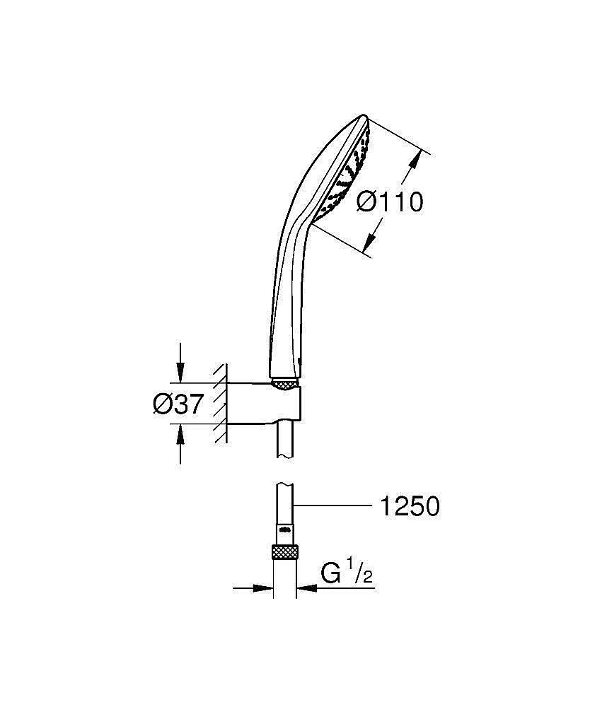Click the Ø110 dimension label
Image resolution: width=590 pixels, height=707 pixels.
(389, 202)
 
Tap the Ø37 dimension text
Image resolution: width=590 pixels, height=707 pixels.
(178, 405)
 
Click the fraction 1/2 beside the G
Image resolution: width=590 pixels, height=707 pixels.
(360, 573)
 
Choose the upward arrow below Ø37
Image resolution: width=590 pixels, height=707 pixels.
(181, 440)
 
